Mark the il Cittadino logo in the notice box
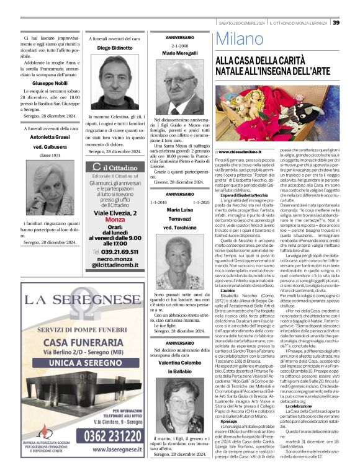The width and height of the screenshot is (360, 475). (x=114, y=167)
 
